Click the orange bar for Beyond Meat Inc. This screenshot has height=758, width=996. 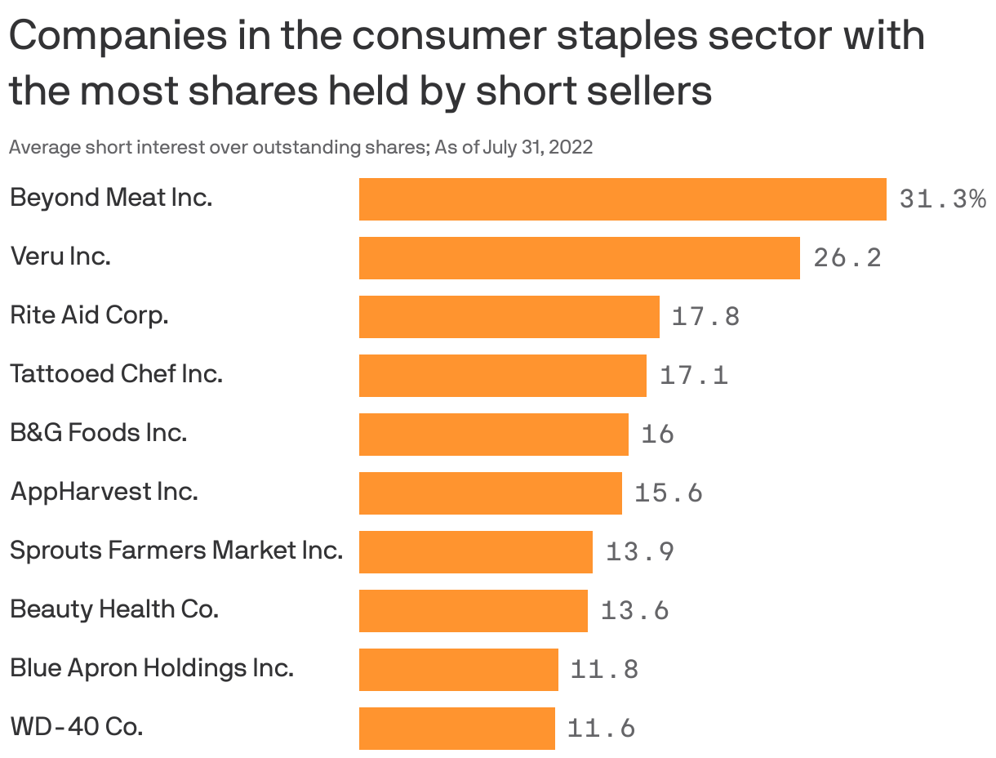coord(622,198)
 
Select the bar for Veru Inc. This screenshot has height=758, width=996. coord(579,257)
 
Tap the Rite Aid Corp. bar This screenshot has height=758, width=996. coord(509,316)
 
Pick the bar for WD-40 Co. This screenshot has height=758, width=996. coord(456,728)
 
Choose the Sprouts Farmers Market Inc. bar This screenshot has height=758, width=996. coord(475,551)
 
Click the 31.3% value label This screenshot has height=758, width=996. coord(942,198)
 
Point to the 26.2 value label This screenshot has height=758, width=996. coord(847,258)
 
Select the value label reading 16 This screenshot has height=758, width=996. coord(657,434)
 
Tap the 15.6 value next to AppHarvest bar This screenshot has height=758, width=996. coord(668,493)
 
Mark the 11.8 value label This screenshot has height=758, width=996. coord(604,669)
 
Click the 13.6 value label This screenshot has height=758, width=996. coord(634,610)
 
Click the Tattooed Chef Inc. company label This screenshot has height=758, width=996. coord(116,374)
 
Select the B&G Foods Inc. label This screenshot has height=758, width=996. coord(98,432)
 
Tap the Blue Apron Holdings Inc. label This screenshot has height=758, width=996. coord(151,668)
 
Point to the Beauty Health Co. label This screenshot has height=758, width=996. coord(113,609)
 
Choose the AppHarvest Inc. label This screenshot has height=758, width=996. coord(104,492)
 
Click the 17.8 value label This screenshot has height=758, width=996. coord(705,316)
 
